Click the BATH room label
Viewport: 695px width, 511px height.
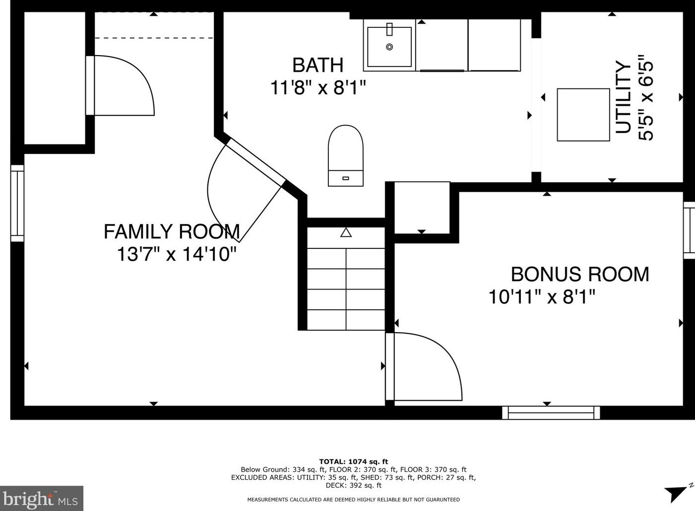(317, 65)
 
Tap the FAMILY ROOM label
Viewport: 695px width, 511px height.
(172, 231)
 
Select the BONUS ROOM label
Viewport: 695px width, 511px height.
(580, 274)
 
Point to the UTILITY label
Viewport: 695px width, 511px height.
(624, 97)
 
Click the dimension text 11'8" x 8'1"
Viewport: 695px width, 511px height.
(318, 87)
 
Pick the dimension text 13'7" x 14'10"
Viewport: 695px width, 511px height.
(177, 254)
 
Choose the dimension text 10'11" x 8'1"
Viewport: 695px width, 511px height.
(542, 296)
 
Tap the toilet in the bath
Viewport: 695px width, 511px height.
(346, 155)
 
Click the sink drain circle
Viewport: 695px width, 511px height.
(390, 47)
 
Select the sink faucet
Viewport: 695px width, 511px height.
(390, 29)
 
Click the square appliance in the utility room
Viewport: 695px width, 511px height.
(583, 115)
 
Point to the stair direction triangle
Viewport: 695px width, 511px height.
(346, 232)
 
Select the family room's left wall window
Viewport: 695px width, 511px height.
(17, 204)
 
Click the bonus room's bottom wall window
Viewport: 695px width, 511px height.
(551, 413)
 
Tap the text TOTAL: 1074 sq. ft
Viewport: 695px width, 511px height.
(353, 462)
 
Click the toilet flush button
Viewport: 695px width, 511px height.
(346, 178)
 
